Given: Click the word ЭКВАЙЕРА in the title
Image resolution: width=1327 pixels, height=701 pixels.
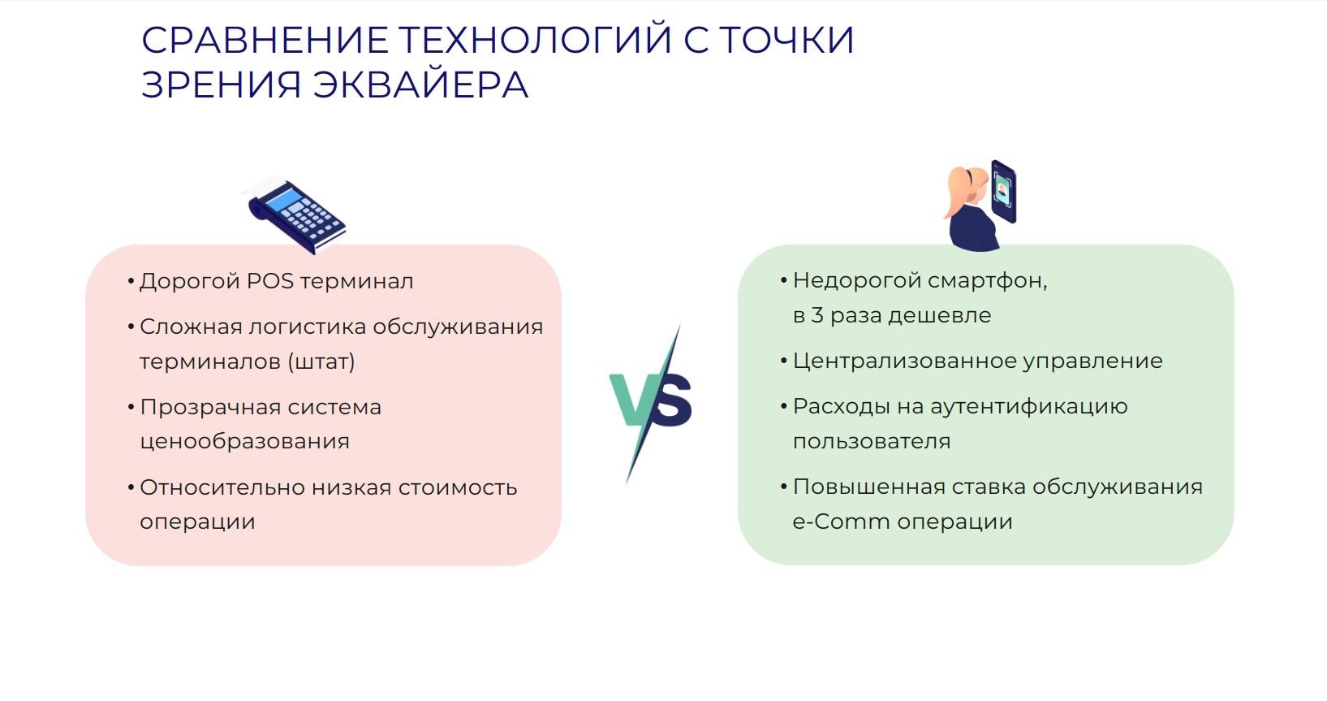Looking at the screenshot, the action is point(420,84).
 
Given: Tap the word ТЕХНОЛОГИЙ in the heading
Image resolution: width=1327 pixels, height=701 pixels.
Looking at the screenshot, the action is point(535,40).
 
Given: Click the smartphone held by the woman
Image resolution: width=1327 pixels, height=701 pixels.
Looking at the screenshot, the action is point(1003,191).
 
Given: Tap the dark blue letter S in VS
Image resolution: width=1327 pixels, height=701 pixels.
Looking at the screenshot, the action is point(672,400).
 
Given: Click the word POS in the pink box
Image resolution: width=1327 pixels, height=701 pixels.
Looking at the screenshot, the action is point(270,281).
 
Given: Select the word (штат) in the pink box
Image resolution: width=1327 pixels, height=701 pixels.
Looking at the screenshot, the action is point(321,361).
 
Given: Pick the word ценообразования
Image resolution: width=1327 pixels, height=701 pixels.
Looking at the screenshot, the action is point(244,442).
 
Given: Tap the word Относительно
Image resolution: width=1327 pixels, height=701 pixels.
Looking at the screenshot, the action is point(222,487).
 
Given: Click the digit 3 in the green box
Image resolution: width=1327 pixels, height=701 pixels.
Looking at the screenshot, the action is point(817,315).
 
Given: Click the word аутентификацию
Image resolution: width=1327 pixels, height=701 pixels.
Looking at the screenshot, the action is point(1029,408).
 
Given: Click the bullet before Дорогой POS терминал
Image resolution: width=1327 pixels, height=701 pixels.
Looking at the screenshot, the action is point(131,281).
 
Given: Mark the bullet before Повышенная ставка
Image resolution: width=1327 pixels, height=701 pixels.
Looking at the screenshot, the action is point(784,487).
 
